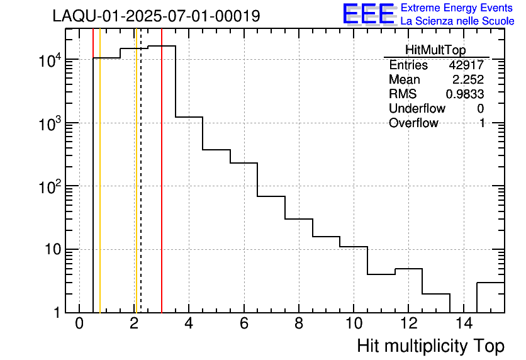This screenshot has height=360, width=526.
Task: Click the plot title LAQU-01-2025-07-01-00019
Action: pyautogui.click(x=156, y=16)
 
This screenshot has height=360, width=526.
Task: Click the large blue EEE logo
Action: pyautogui.click(x=369, y=14)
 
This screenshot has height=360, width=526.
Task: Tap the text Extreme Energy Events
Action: pyautogui.click(x=457, y=8)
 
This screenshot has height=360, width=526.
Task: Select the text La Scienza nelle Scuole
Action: pyautogui.click(x=457, y=21)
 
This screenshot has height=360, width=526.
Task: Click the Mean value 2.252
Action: pyautogui.click(x=468, y=80)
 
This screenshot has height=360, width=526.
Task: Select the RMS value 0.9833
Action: pyautogui.click(x=464, y=94)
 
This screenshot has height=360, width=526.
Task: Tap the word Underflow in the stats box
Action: pyautogui.click(x=417, y=109)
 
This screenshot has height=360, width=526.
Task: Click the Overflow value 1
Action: pyautogui.click(x=481, y=123)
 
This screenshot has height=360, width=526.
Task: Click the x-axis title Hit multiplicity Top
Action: pyautogui.click(x=430, y=346)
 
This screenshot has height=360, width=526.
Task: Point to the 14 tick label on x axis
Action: pyautogui.click(x=462, y=324)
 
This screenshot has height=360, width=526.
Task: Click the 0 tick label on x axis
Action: pyautogui.click(x=79, y=324)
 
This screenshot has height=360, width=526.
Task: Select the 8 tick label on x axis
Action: pyautogui.click(x=298, y=324)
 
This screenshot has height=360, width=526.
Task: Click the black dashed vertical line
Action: pyautogui.click(x=141, y=189)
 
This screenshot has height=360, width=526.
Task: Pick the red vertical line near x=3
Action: pyautogui.click(x=162, y=189)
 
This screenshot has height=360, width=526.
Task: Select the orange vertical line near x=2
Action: pyautogui.click(x=135, y=189)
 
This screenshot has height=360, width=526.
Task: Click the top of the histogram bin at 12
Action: pyautogui.click(x=408, y=269)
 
